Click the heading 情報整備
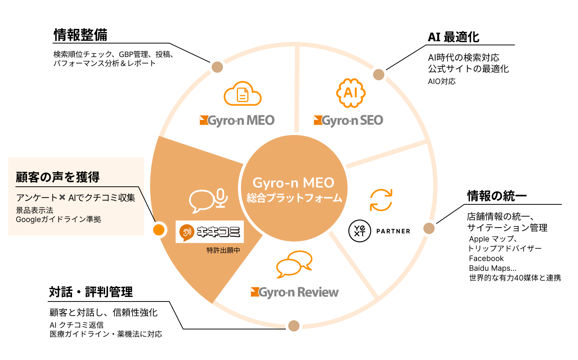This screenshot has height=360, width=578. coord(80,35)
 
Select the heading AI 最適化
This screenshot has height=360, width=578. coord(453,37)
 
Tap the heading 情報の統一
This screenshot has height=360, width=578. coord(497,196)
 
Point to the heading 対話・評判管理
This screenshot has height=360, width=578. coord(91,292)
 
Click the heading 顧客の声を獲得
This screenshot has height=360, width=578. coord(58,177)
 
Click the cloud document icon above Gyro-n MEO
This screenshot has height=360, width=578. coord(242,94)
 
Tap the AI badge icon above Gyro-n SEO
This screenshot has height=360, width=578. coord(351,93)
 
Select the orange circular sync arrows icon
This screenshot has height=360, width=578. coord(381,200)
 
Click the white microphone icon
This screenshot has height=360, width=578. coord(221,198)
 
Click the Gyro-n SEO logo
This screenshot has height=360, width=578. coord(348,120)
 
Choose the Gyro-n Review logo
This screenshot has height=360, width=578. coord(295,292)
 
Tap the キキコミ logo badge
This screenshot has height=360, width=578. coord(210,232)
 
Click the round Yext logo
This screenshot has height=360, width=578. coord(360,231)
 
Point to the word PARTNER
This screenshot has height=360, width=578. coord(393,231)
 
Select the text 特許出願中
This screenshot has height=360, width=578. coord(223,250)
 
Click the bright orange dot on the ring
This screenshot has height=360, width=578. coord(159,229)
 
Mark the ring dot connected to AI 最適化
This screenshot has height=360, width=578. coord(379,75)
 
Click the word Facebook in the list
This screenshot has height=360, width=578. coord(486,258)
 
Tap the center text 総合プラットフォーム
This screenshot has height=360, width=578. coord(294,198)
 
